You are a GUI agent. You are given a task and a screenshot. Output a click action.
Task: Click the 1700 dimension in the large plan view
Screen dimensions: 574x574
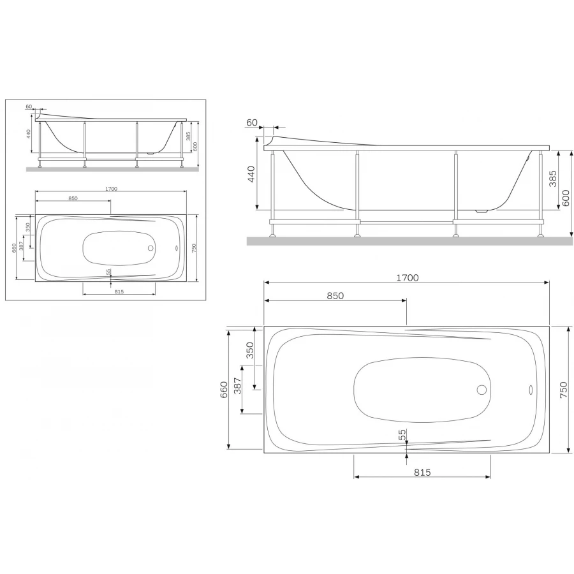tap(407, 277)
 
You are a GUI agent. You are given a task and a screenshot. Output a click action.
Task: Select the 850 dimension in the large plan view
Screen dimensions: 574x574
tap(335, 295)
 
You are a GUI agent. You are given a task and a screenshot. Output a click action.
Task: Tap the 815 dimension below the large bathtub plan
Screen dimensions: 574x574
tap(422, 472)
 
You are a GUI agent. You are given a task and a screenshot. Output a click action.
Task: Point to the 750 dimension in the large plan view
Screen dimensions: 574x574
tap(563, 389)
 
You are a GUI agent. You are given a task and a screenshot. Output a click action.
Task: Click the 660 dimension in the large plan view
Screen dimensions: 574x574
tap(223, 389)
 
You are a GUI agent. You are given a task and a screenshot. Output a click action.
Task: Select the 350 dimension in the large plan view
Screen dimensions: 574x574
tap(251, 351)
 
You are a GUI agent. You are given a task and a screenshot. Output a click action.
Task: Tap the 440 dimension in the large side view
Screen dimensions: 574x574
tap(251, 174)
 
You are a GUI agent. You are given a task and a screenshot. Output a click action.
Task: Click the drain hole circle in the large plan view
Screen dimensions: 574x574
tap(482, 390)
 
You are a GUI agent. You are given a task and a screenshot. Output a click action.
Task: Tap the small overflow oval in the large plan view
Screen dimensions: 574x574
tap(529, 390)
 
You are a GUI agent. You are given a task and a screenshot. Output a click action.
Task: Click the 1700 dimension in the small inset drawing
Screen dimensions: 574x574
tap(111, 189)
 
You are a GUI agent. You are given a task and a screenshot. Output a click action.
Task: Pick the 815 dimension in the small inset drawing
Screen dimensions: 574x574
tap(119, 291)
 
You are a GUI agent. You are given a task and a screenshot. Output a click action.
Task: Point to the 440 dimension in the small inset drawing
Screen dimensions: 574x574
tap(29, 134)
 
